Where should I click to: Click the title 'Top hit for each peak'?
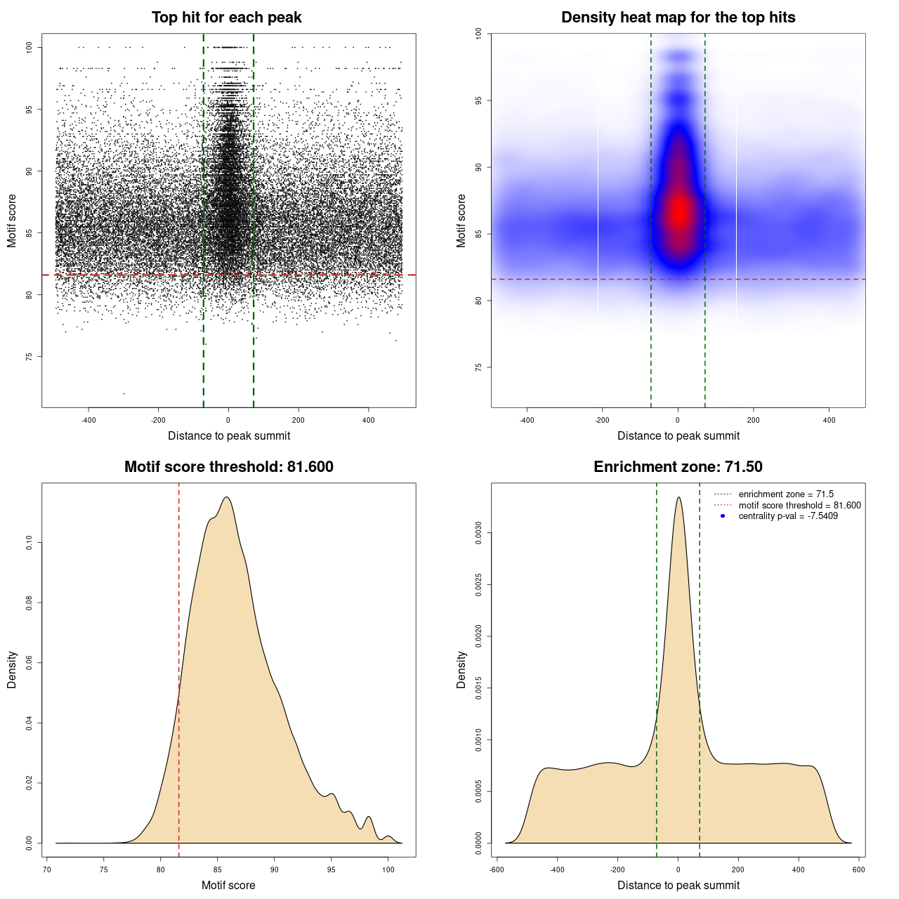point(226,18)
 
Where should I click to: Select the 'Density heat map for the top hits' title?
point(678,18)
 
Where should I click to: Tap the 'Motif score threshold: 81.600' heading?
point(228,467)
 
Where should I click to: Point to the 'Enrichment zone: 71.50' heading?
point(678,467)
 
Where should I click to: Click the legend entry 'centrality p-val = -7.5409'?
point(788,516)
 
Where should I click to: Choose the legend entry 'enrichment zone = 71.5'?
point(786,494)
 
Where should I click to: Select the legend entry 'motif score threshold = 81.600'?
point(799,506)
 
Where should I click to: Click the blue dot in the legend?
point(723,516)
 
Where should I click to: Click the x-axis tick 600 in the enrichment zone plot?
point(858,870)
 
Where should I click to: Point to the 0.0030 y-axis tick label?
point(478,534)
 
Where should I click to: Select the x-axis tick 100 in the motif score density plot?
point(388,870)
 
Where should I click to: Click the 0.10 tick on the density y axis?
point(29,543)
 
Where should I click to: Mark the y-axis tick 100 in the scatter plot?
point(29,47)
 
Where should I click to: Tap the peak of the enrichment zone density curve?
point(678,497)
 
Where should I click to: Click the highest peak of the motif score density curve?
point(226,497)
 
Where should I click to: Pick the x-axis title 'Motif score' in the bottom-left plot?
point(228,885)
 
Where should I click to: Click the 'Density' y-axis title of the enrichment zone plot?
point(461,669)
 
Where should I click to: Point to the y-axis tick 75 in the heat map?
point(478,367)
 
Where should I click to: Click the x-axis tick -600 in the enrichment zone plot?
point(497,870)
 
